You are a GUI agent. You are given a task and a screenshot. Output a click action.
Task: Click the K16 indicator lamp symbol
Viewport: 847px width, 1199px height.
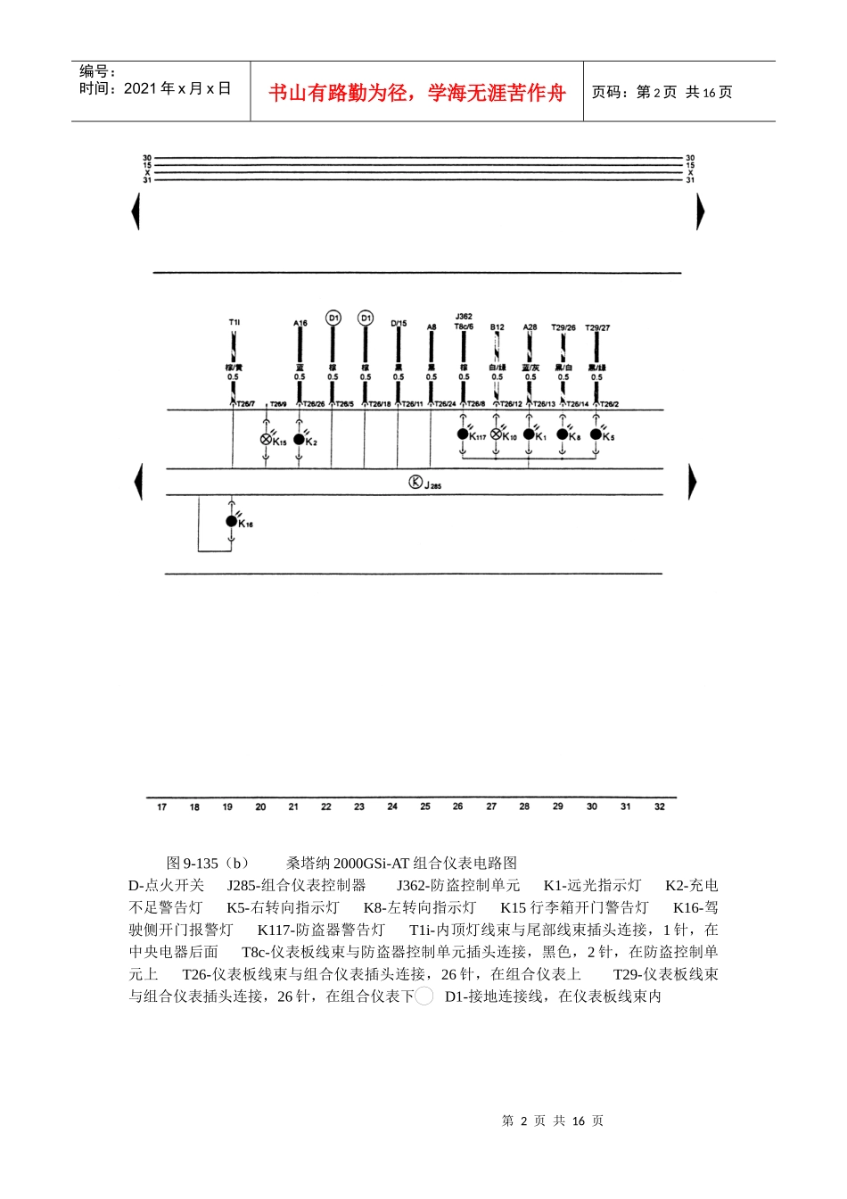click(232, 521)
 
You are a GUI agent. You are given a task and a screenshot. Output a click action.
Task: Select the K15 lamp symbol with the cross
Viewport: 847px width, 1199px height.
click(266, 439)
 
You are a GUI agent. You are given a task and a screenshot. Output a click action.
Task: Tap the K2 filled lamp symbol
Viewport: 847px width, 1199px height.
click(299, 439)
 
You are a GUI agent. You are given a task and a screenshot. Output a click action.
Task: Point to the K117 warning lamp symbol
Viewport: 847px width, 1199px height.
click(463, 434)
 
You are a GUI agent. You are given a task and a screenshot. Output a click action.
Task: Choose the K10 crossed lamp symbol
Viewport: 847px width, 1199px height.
click(496, 434)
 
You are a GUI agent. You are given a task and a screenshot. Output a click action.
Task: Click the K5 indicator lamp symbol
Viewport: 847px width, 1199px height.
click(596, 434)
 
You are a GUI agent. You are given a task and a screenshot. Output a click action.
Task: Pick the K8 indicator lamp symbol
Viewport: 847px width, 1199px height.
click(563, 434)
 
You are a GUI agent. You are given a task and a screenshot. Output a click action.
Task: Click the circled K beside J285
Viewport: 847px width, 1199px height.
click(415, 483)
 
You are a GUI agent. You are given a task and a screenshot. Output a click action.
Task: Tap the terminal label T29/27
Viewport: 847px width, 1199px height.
click(597, 328)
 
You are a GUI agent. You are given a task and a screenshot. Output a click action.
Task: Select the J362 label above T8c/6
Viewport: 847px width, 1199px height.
click(464, 317)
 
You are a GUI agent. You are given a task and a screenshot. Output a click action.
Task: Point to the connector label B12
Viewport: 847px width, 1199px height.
click(497, 327)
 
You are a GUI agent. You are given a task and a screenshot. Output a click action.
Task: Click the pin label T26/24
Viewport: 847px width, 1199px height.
click(445, 404)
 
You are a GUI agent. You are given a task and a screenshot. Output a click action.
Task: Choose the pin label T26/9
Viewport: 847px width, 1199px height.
click(278, 404)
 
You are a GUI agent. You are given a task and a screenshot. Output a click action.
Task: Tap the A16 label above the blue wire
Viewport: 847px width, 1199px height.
click(300, 324)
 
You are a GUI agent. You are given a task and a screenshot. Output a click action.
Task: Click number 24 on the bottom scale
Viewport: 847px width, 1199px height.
click(392, 806)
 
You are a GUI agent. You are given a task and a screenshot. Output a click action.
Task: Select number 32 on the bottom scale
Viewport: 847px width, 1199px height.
click(660, 806)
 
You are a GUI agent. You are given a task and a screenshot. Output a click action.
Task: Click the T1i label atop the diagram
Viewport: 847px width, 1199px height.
click(234, 322)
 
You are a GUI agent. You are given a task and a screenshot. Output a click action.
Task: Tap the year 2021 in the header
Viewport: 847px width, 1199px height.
click(140, 88)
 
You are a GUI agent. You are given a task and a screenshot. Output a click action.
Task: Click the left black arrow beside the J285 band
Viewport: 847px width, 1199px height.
click(138, 482)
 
